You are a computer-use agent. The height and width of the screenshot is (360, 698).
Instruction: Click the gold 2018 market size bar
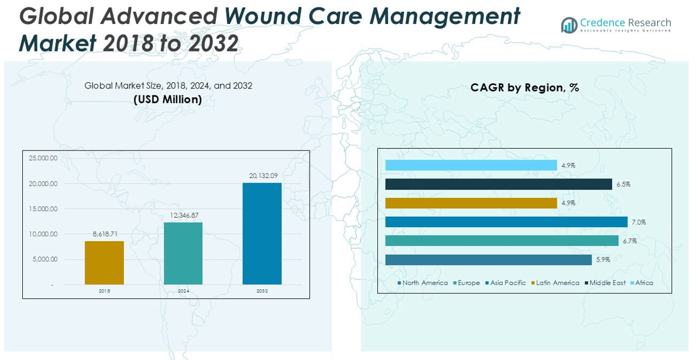click(x=104, y=263)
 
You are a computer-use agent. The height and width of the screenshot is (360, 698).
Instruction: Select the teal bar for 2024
click(x=183, y=253)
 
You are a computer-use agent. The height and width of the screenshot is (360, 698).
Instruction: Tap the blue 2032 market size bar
click(x=262, y=234)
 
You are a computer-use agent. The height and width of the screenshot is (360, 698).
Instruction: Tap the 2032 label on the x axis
click(x=262, y=291)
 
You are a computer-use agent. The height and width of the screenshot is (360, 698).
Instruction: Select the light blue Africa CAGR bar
click(x=471, y=166)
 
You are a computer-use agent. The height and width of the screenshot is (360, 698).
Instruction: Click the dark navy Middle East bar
click(x=498, y=184)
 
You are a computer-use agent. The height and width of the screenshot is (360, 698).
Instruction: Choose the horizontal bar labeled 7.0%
click(x=506, y=222)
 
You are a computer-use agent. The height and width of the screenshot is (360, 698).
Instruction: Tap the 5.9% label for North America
click(x=603, y=260)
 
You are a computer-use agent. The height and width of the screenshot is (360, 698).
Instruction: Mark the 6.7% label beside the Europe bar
click(x=630, y=241)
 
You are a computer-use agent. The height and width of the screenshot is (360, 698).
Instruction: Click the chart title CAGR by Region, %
click(x=524, y=88)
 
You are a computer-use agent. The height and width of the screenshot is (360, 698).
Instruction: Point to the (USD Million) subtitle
click(x=168, y=100)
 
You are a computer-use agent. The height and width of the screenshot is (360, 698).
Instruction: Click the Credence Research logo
click(x=616, y=25)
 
